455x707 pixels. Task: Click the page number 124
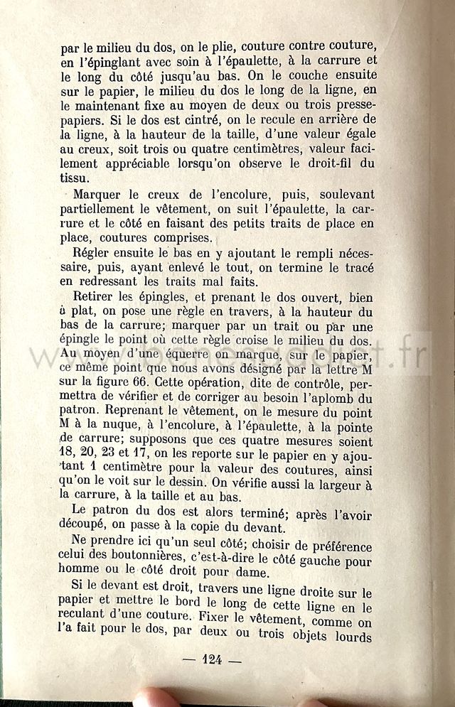(x=213, y=659)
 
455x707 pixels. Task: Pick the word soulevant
(x=344, y=194)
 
